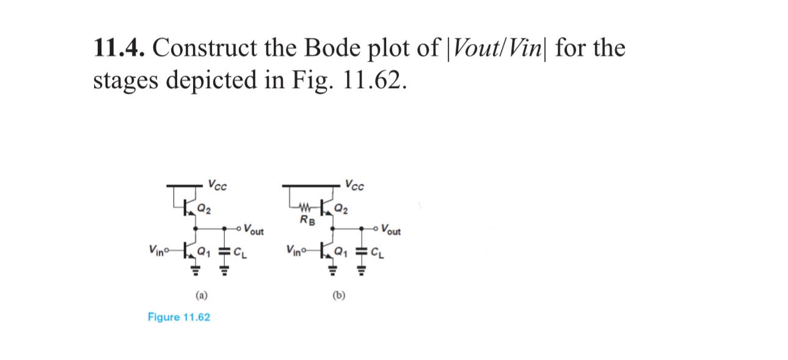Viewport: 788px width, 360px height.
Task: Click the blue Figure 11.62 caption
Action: coord(179,317)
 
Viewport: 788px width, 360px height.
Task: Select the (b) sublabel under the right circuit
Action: coord(339,296)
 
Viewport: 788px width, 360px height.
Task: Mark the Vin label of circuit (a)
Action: coord(156,250)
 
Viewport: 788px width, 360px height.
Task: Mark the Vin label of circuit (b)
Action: coord(294,250)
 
